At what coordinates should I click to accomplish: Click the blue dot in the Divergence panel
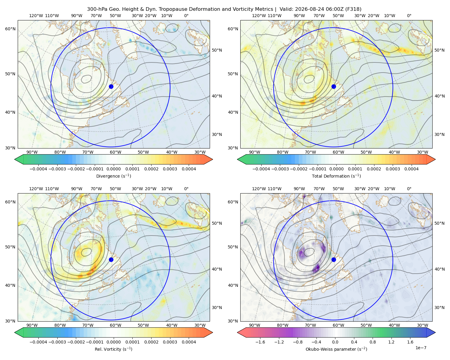111,86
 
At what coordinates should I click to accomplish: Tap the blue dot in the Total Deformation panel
334,86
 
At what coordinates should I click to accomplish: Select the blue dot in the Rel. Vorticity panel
111,259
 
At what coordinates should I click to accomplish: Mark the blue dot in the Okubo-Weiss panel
334,259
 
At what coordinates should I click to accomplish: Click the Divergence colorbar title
113,176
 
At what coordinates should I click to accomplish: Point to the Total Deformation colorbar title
336,176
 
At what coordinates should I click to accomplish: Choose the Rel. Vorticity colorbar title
113,349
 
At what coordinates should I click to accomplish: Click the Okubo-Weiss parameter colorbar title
336,349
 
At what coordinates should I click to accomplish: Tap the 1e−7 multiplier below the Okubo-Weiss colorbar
421,348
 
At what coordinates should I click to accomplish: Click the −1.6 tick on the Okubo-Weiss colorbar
260,342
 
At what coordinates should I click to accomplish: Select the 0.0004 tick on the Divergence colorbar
189,169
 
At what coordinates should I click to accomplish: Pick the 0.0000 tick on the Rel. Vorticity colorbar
113,342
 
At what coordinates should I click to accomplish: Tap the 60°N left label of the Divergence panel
10,29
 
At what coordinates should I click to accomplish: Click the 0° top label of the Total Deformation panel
409,16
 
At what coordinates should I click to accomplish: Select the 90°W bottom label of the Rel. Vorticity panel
32,325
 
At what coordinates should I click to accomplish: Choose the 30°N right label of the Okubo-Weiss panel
439,307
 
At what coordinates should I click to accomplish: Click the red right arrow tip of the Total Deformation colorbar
435,159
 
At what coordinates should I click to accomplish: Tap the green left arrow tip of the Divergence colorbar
15,159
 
